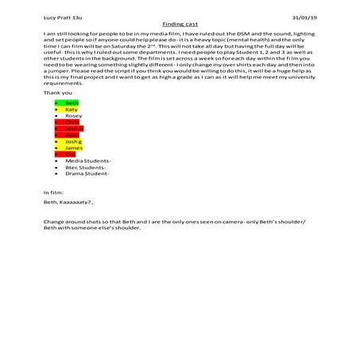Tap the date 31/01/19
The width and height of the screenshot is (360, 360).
305,17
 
